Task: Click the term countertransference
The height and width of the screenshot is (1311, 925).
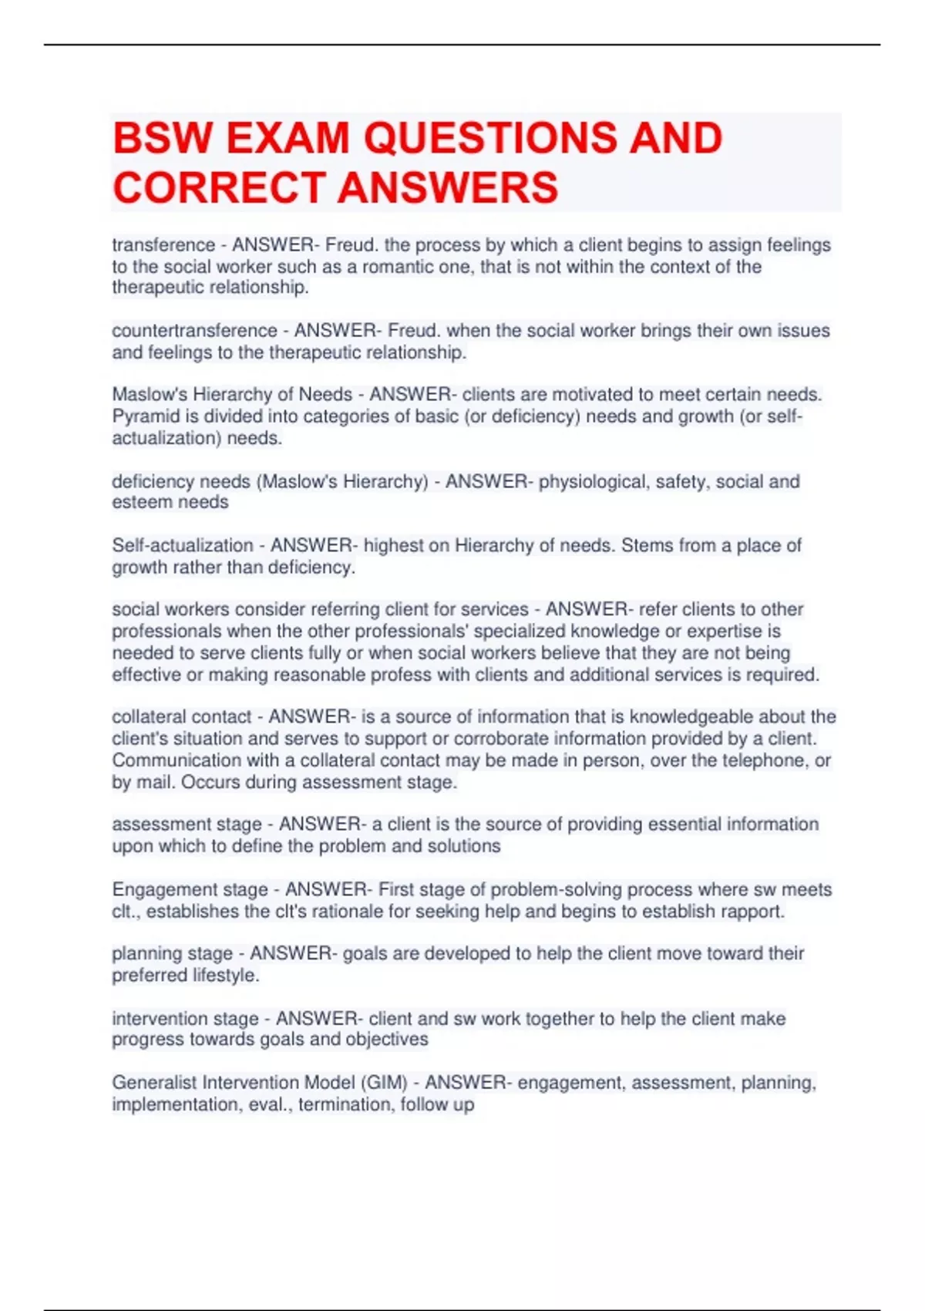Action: (194, 331)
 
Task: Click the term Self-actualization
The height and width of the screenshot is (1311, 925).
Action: (183, 546)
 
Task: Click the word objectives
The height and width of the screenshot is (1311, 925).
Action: (386, 1040)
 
